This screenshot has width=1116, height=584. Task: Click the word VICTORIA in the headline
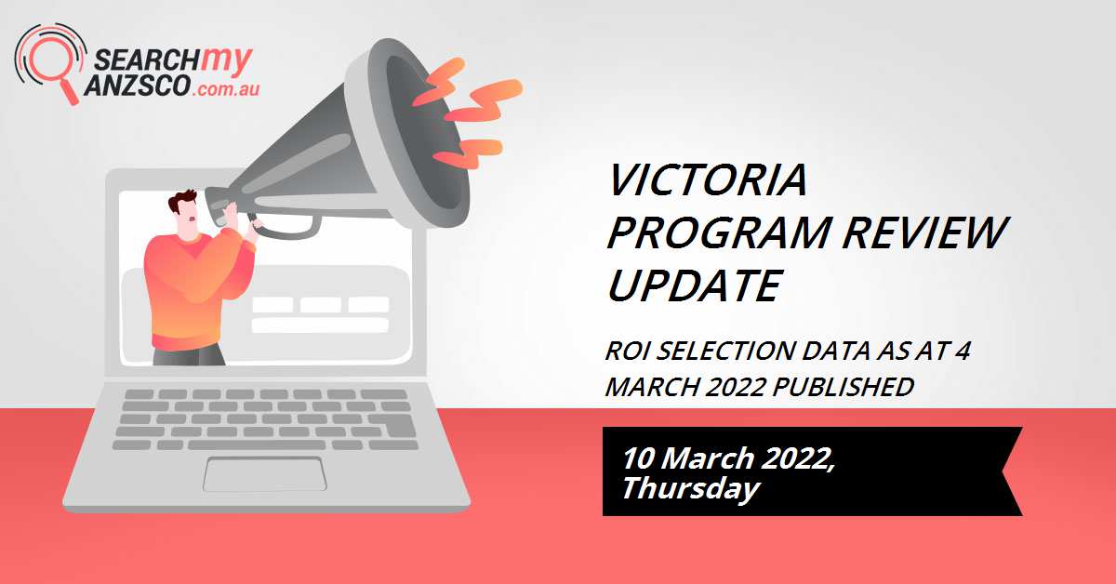tap(707, 181)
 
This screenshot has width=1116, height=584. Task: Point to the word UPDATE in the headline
tap(693, 285)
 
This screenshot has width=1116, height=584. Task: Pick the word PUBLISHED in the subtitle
tap(854, 386)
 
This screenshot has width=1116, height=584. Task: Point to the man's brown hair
tap(182, 202)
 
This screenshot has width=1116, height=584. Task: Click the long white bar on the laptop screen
tap(320, 325)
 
